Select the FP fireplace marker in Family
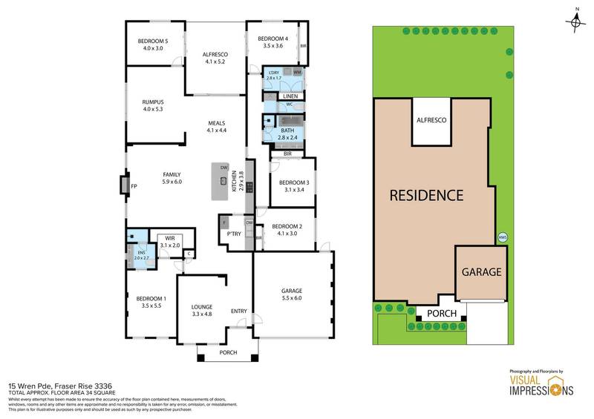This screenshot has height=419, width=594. (x=134, y=186)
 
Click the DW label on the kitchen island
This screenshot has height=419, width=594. (x=223, y=168)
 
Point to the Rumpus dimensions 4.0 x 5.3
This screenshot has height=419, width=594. (x=152, y=110)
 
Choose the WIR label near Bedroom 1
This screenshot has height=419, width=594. (x=170, y=239)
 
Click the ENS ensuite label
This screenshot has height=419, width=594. (x=141, y=251)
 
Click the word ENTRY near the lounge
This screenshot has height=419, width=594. (x=238, y=311)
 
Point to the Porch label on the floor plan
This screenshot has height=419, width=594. (x=229, y=352)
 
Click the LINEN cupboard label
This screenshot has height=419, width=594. (x=290, y=96)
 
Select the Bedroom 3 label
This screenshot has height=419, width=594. (x=290, y=182)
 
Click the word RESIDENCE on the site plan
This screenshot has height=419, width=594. (x=428, y=196)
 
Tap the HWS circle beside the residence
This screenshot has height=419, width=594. (x=502, y=237)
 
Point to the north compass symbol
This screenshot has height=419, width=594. (x=576, y=22)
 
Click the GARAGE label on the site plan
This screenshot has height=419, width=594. (x=483, y=272)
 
